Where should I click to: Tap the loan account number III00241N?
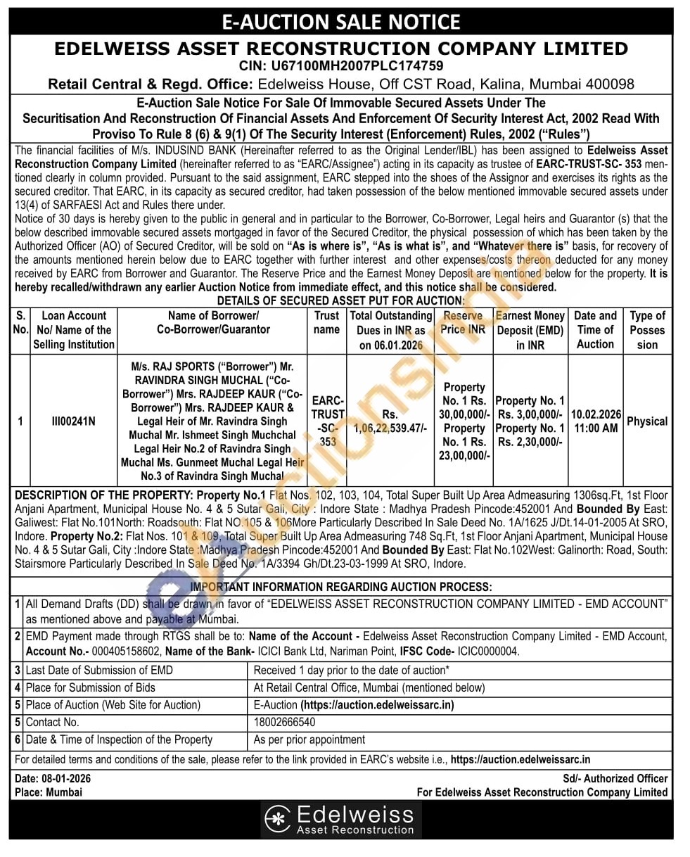(x=73, y=421)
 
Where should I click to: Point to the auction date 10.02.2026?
(x=595, y=414)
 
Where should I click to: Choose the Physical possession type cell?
(x=646, y=421)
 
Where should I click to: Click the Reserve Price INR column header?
(x=463, y=322)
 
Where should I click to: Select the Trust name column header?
(x=326, y=322)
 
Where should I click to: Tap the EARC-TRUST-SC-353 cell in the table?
(x=327, y=421)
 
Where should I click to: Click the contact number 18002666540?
(x=284, y=722)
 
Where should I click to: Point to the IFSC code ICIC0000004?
(x=490, y=652)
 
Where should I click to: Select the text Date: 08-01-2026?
(x=52, y=778)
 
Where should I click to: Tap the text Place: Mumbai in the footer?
(x=48, y=792)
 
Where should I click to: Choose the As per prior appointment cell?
(x=309, y=739)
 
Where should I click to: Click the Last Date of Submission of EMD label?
(x=98, y=671)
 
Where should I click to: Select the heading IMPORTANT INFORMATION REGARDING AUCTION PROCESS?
(x=341, y=587)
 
